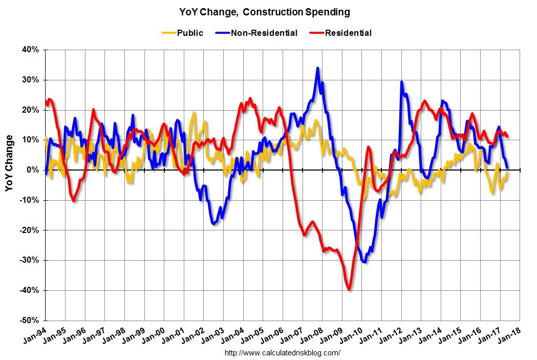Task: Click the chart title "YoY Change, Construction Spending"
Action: click(265, 11)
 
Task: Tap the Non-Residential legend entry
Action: click(264, 33)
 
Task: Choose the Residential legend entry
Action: click(348, 33)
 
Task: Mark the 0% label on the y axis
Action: click(33, 170)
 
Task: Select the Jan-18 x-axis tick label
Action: click(510, 335)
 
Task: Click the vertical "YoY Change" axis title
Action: click(10, 163)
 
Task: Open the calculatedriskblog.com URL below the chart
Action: click(283, 353)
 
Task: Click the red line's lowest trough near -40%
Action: click(349, 290)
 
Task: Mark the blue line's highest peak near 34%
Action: click(318, 68)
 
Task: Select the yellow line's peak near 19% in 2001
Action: click(194, 113)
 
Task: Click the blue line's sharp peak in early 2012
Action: click(401, 82)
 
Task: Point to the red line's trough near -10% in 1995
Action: click(74, 201)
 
